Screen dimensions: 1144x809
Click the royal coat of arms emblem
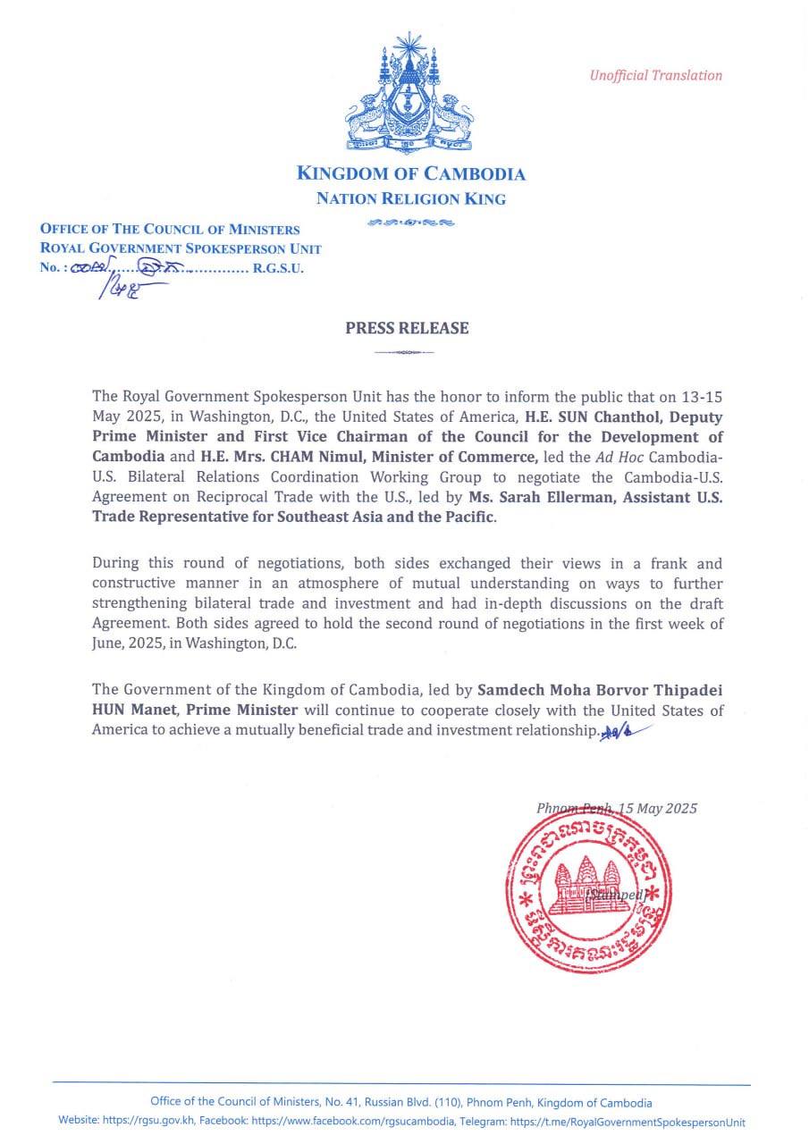tap(410, 94)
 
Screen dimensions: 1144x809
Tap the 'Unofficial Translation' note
tap(655, 76)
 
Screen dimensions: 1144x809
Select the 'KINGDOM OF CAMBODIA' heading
tap(410, 174)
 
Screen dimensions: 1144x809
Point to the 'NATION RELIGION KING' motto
tap(410, 199)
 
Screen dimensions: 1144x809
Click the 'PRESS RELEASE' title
tap(407, 328)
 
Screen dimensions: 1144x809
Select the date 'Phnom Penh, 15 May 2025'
tap(617, 808)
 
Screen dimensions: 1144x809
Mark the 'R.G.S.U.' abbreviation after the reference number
tap(279, 267)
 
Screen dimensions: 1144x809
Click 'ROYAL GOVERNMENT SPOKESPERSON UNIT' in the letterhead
tap(181, 248)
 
